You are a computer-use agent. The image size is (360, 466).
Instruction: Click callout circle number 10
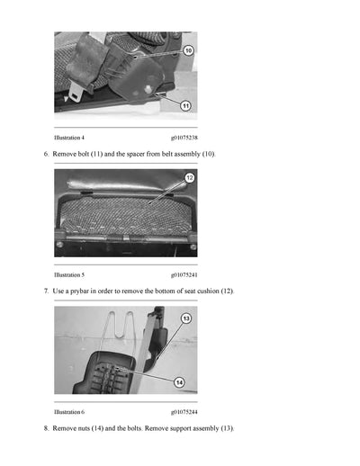click(188, 50)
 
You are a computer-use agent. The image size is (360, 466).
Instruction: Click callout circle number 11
click(185, 104)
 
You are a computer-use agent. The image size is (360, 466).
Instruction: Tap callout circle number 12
click(189, 178)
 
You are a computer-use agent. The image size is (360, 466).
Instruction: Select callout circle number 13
click(186, 318)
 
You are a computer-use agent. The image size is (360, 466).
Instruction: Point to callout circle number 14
click(178, 382)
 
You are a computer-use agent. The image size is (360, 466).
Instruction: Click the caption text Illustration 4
click(69, 138)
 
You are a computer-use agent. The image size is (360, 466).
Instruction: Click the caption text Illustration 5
click(69, 274)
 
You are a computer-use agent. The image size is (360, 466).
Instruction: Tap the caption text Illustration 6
click(69, 411)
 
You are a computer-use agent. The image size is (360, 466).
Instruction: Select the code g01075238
click(184, 138)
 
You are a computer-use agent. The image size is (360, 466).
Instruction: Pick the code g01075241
click(184, 274)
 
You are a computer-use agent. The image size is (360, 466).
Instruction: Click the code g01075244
click(184, 411)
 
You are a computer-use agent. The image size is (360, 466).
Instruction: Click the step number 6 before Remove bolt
click(46, 155)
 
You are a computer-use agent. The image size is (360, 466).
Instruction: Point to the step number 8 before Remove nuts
click(46, 428)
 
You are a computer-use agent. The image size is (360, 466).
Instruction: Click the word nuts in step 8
click(84, 428)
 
